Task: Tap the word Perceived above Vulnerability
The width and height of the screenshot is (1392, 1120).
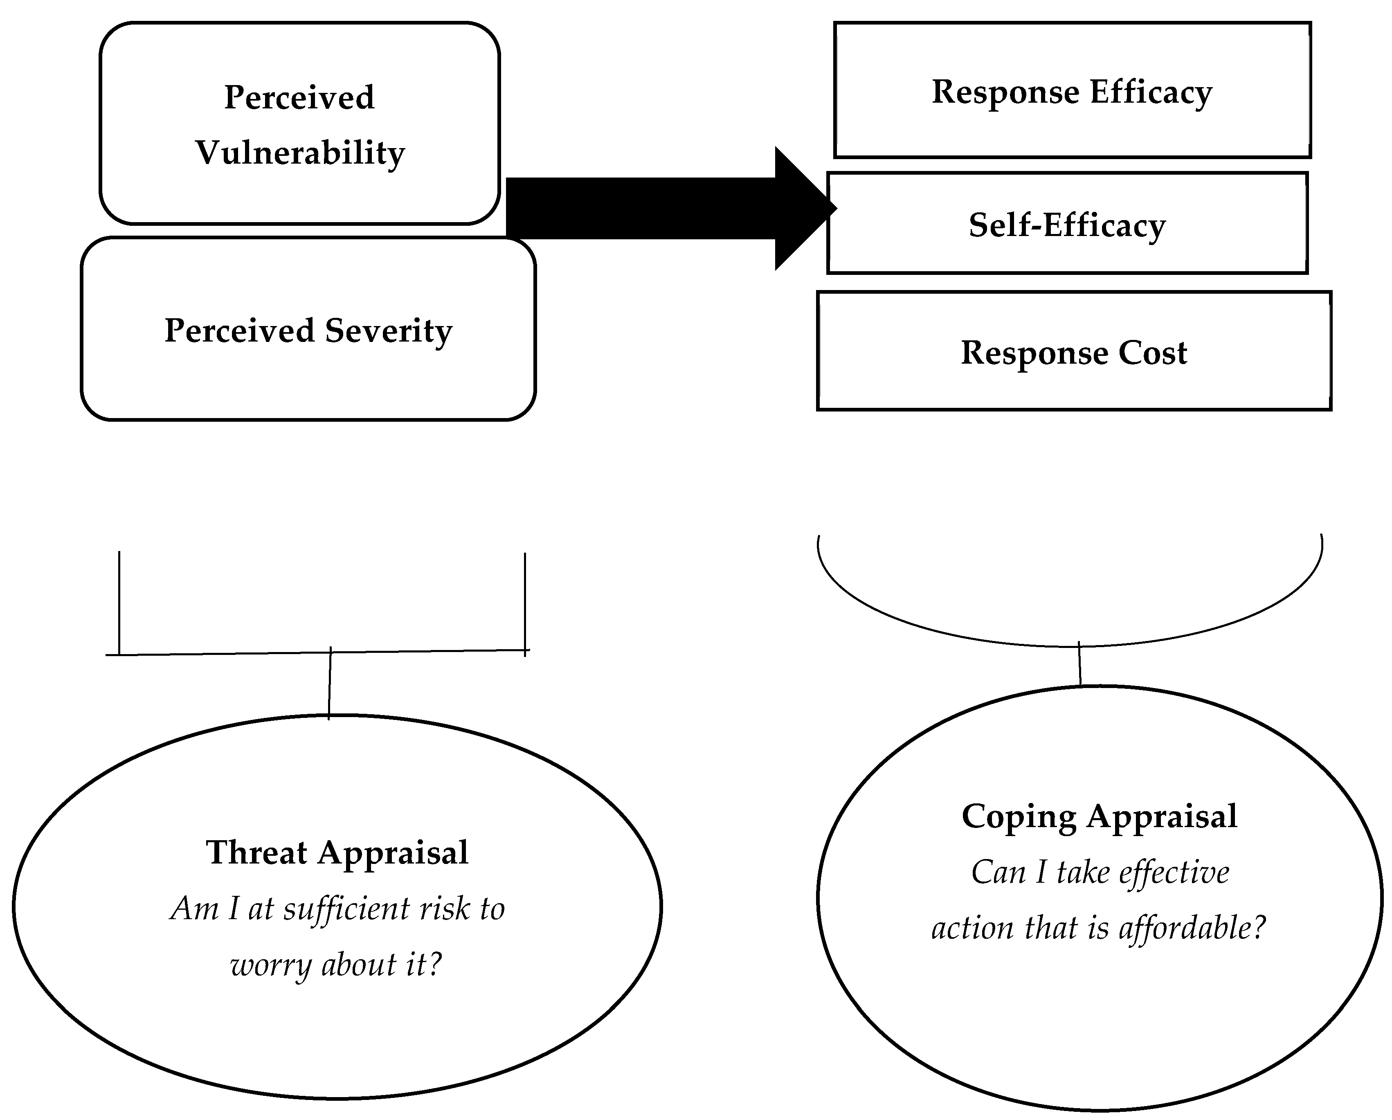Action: (x=299, y=98)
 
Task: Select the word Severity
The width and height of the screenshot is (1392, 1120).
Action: (x=388, y=331)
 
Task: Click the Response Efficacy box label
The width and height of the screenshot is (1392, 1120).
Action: (x=1072, y=92)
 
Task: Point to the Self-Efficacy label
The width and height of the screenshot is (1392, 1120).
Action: (x=1066, y=225)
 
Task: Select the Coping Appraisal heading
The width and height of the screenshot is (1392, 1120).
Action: (x=1099, y=816)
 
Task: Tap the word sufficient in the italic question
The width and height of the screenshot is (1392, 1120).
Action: (x=347, y=909)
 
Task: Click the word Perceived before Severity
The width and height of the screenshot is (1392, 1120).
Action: (x=239, y=331)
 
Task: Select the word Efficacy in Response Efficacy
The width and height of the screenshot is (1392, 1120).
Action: (x=1151, y=92)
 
